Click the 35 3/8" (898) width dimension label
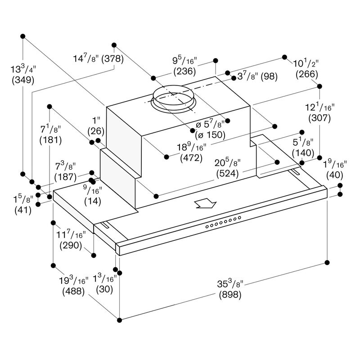click(x=229, y=290)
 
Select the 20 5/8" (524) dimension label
click(x=229, y=168)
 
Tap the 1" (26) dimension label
click(x=96, y=126)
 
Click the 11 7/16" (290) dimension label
click(x=72, y=241)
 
